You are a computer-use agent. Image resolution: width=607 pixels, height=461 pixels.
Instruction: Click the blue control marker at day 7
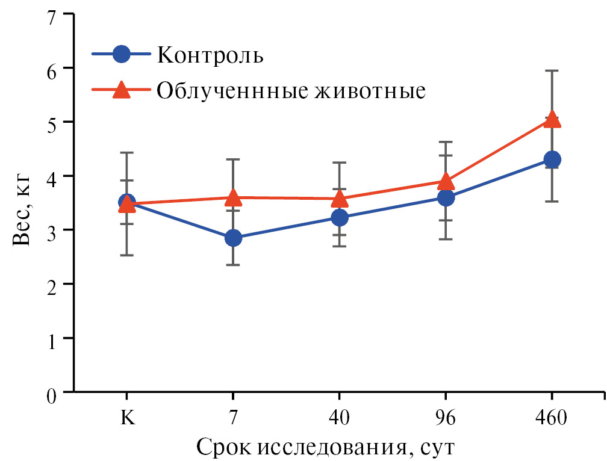click(233, 238)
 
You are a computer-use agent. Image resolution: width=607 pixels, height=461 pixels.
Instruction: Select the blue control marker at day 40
click(339, 217)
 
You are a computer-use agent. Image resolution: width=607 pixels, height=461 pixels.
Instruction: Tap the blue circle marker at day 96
click(446, 197)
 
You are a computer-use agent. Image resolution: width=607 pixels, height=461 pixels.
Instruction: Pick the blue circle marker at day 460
click(552, 159)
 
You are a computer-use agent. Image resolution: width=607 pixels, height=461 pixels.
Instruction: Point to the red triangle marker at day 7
click(233, 197)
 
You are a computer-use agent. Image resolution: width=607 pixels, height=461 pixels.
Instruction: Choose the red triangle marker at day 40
click(339, 198)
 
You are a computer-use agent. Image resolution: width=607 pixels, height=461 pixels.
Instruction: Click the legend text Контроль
click(210, 55)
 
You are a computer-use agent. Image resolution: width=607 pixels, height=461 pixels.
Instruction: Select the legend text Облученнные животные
click(291, 90)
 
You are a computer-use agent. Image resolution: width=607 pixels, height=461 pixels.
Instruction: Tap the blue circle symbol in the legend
click(122, 54)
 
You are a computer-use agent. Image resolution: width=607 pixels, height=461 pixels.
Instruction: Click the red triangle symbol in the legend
click(122, 90)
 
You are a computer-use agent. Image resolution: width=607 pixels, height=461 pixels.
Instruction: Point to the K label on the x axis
click(126, 418)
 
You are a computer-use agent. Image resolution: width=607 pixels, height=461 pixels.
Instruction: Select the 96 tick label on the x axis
click(446, 418)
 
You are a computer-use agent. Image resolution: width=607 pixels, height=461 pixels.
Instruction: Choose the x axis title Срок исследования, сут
click(324, 447)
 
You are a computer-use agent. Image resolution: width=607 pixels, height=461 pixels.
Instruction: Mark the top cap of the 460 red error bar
click(552, 70)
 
